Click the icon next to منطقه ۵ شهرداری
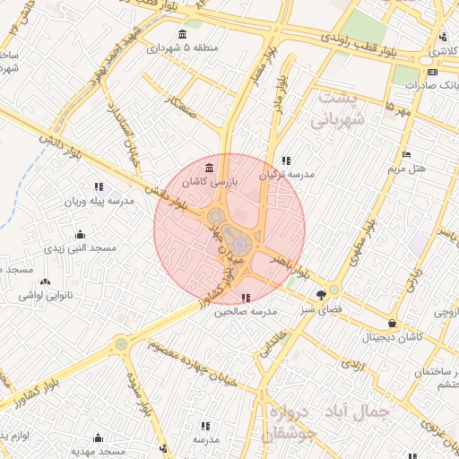(x=183, y=35)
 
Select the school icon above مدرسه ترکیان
(x=286, y=160)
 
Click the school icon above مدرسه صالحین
(x=247, y=298)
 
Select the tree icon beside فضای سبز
(x=321, y=295)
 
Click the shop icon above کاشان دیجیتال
(x=392, y=324)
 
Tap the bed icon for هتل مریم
(x=407, y=154)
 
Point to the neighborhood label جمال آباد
(x=358, y=412)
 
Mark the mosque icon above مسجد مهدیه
(x=98, y=437)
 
